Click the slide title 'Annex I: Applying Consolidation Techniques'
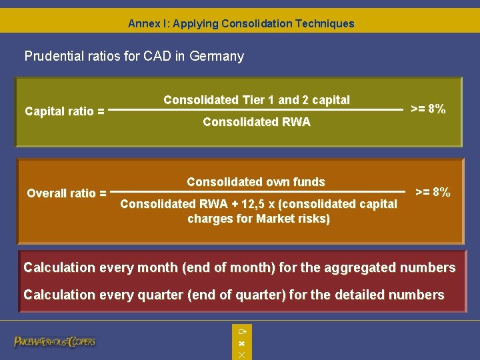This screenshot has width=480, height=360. click(241, 23)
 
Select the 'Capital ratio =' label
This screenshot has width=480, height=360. click(64, 111)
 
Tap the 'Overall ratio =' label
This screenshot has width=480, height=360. click(66, 193)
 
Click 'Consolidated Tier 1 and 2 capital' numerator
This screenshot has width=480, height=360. click(257, 100)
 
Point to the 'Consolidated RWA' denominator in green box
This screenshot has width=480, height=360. click(257, 122)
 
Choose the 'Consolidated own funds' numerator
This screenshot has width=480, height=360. click(256, 182)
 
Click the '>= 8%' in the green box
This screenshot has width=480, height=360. click(428, 109)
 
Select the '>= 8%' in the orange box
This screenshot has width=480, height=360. click(433, 192)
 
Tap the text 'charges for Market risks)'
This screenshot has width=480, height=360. click(259, 219)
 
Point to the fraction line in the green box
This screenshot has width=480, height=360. click(257, 111)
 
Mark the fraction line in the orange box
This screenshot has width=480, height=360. click(260, 193)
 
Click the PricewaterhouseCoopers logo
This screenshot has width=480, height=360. click(55, 341)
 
